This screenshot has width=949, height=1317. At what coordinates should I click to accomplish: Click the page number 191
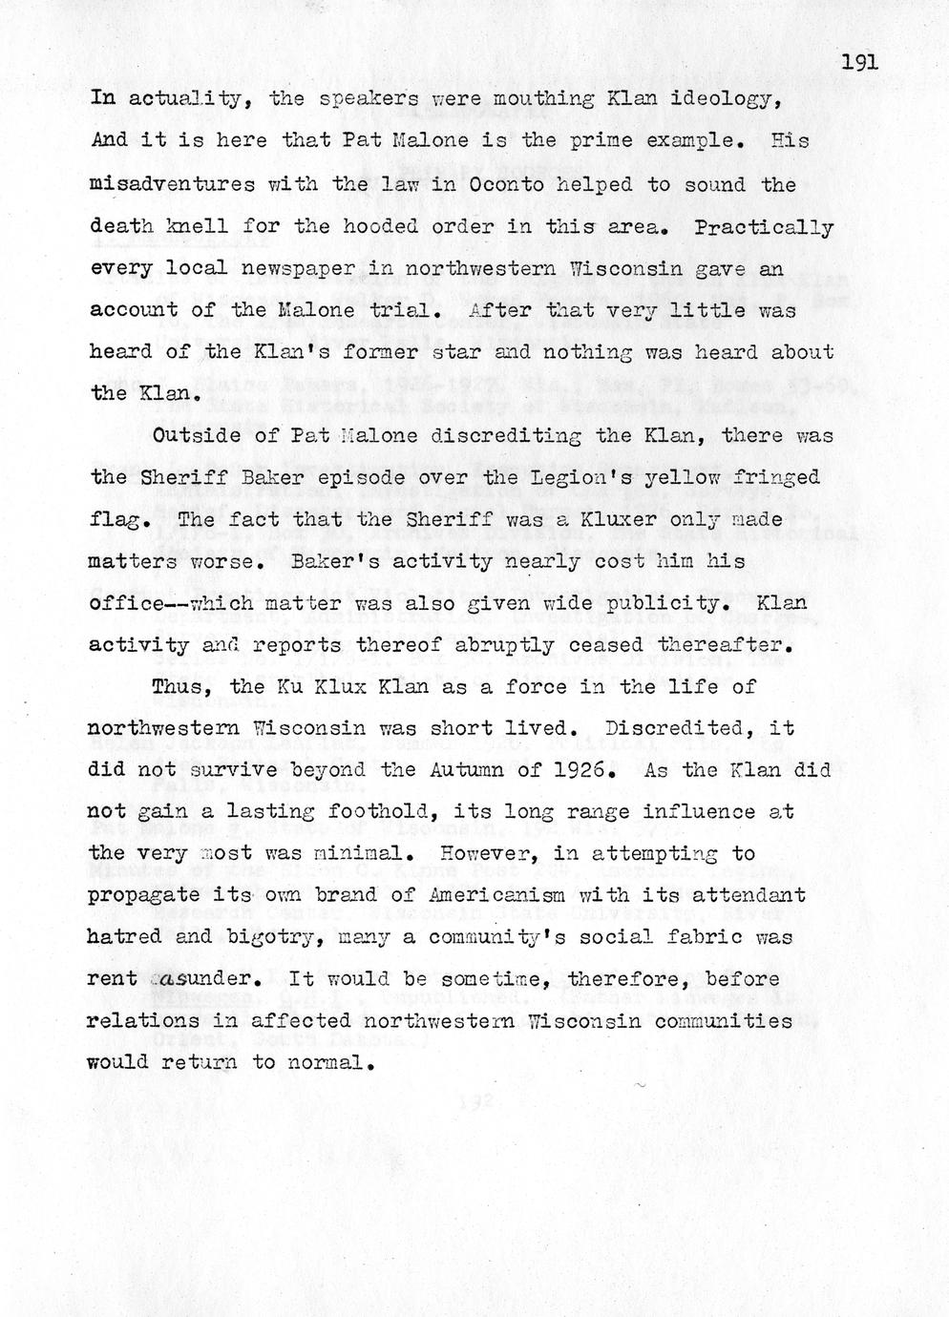(x=859, y=63)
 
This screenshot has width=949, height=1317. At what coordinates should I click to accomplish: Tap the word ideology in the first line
(x=730, y=99)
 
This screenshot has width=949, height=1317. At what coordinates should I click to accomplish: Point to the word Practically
(x=764, y=226)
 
